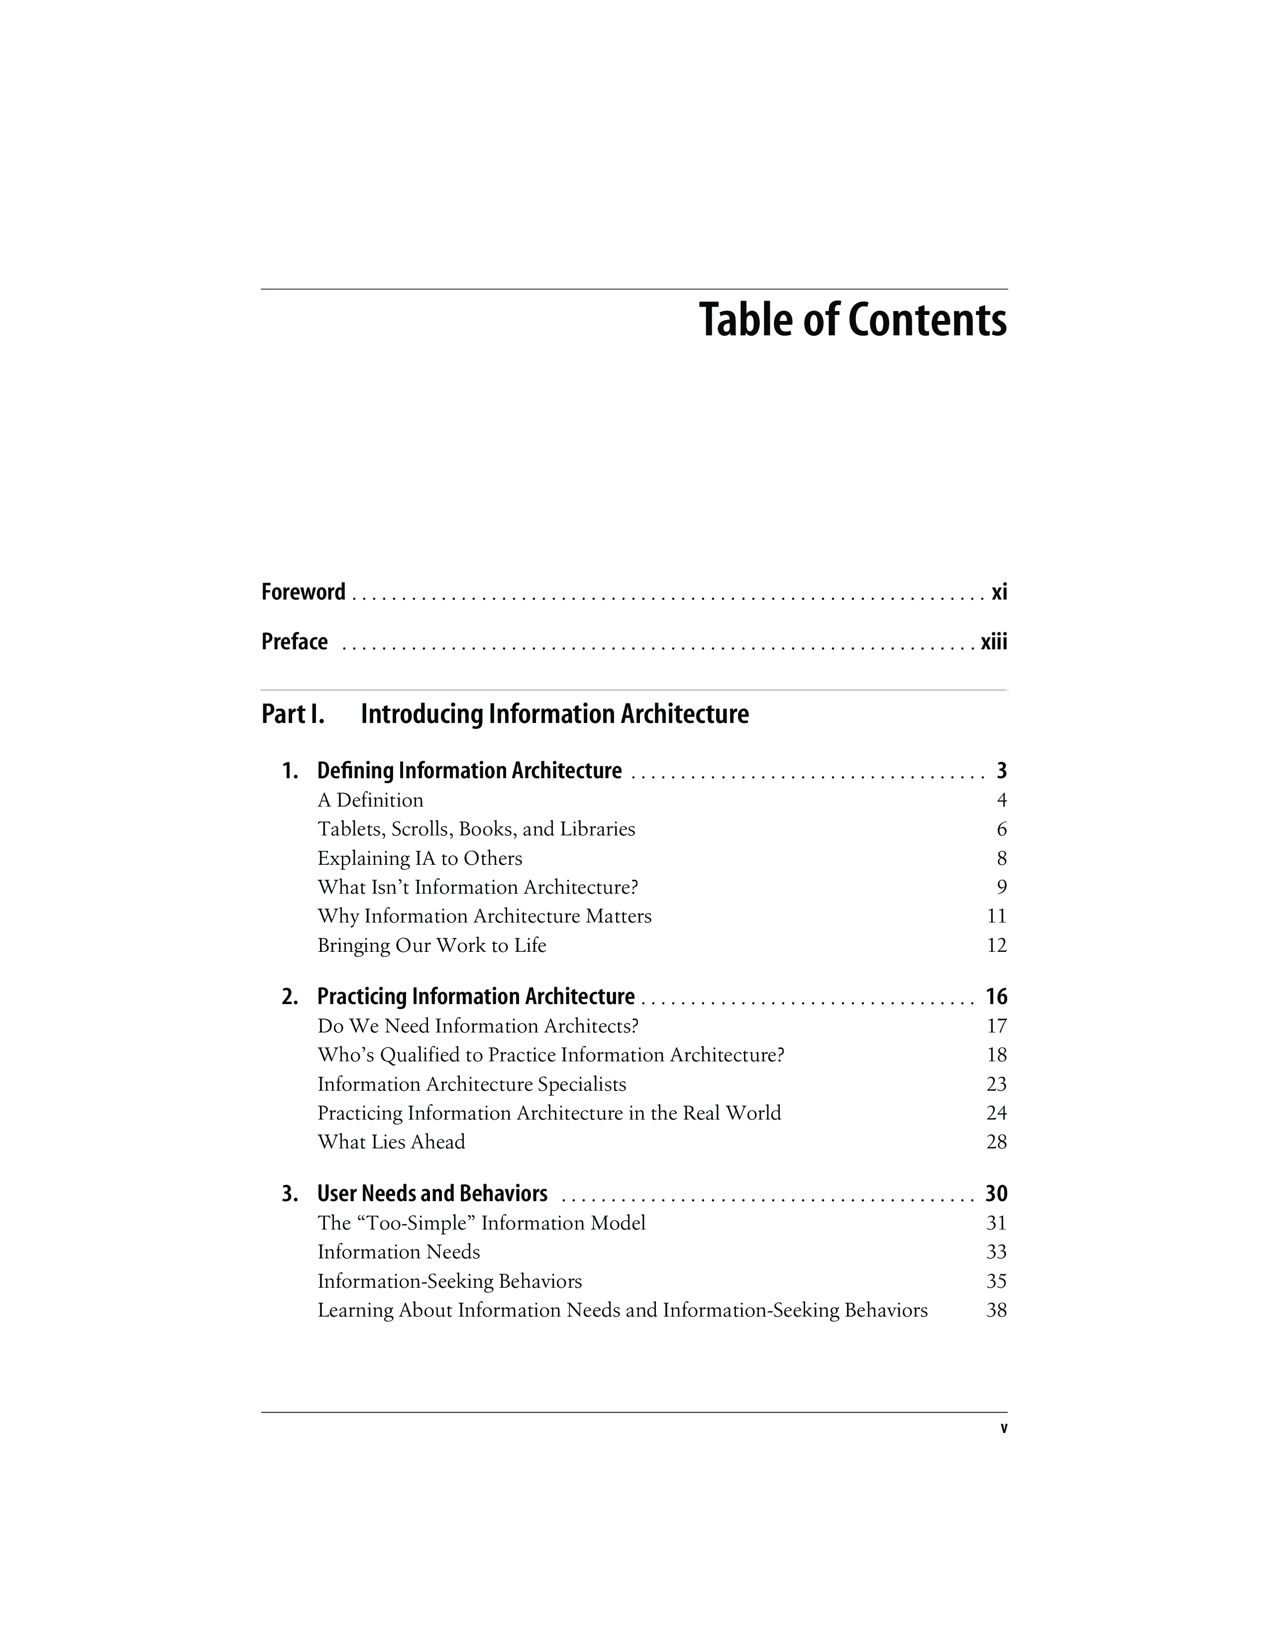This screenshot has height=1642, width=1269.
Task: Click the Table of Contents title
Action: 852,320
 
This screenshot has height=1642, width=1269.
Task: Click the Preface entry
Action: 295,642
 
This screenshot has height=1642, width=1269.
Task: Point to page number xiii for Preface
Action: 994,642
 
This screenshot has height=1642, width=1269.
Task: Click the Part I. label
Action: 293,714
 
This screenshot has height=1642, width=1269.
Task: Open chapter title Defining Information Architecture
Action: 469,771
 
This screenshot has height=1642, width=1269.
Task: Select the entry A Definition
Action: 371,800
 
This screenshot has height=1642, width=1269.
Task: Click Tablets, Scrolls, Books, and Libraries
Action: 476,829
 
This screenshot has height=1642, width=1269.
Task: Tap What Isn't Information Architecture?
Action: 477,887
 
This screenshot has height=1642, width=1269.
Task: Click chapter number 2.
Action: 290,997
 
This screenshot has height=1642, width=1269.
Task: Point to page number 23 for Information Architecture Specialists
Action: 996,1084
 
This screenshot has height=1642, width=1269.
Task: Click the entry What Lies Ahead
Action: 391,1142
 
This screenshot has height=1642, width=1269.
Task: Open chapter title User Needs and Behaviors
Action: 432,1194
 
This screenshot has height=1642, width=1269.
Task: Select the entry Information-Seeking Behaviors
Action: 449,1281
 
